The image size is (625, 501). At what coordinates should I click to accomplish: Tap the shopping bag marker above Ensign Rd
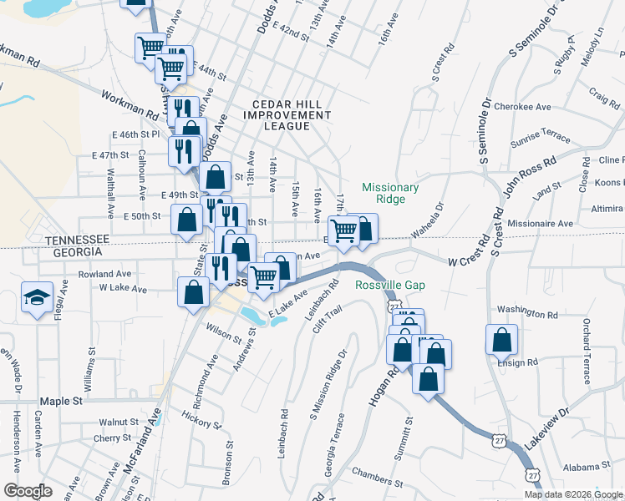point(501,340)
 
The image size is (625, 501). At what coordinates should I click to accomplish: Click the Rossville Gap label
point(390,286)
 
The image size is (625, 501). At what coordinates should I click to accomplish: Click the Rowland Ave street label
point(104,274)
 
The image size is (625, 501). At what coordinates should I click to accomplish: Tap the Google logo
point(28,491)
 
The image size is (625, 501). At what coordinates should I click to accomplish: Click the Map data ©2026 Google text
point(573,494)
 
